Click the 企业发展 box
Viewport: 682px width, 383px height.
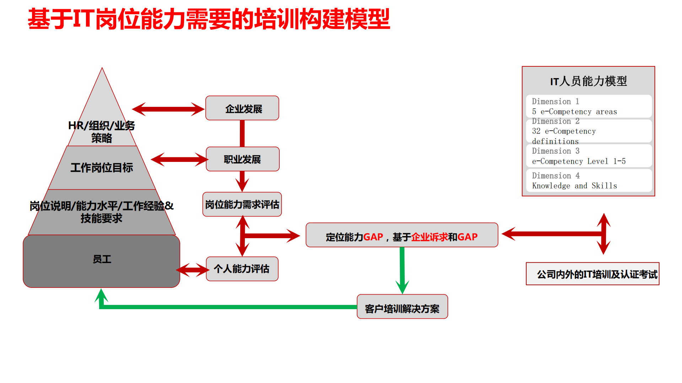pyautogui.click(x=242, y=108)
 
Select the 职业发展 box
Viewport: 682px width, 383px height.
pyautogui.click(x=242, y=159)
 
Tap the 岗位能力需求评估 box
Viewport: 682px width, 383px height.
pyautogui.click(x=242, y=204)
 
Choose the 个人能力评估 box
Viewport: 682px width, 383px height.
pyautogui.click(x=242, y=269)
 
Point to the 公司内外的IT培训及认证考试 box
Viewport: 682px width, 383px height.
pyautogui.click(x=592, y=274)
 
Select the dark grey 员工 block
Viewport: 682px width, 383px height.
pyautogui.click(x=102, y=261)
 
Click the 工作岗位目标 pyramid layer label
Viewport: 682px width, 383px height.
pyautogui.click(x=102, y=168)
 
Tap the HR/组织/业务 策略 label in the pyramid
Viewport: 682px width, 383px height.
pyautogui.click(x=102, y=132)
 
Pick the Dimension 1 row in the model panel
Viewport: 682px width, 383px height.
pyautogui.click(x=589, y=106)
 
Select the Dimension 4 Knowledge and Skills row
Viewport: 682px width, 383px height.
pyautogui.click(x=589, y=180)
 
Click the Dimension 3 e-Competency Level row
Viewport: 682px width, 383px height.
pyautogui.click(x=589, y=156)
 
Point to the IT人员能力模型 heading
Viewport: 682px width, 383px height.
pyautogui.click(x=589, y=81)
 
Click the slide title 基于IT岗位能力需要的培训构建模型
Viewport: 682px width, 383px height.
pyautogui.click(x=209, y=19)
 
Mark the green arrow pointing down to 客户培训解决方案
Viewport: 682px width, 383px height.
pyautogui.click(x=402, y=270)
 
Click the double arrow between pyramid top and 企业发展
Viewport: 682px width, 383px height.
pyautogui.click(x=168, y=109)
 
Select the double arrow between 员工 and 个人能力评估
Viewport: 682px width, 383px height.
pyautogui.click(x=193, y=270)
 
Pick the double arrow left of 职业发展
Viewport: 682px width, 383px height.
pyautogui.click(x=179, y=159)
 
